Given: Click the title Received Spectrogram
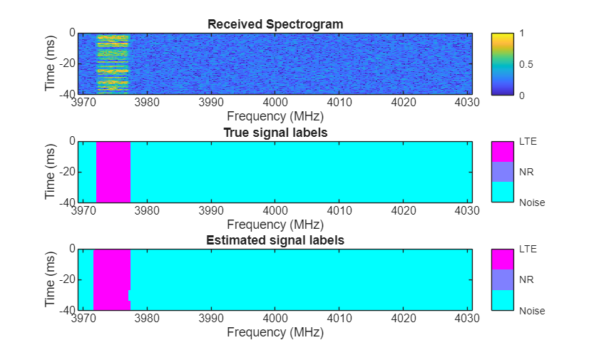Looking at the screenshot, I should pyautogui.click(x=275, y=24).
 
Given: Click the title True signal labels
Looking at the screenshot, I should pyautogui.click(x=275, y=133).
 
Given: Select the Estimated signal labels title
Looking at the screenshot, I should pyautogui.click(x=275, y=240).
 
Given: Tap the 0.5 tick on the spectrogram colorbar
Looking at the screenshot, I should pyautogui.click(x=527, y=64).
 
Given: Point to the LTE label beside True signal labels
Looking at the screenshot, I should pyautogui.click(x=528, y=141).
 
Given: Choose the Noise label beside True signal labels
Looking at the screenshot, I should pyautogui.click(x=532, y=202).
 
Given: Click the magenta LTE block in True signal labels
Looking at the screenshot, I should pyautogui.click(x=113, y=172).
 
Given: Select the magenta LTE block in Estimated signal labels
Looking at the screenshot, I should pyautogui.click(x=111, y=279).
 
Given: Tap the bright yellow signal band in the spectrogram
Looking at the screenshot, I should pyautogui.click(x=113, y=64).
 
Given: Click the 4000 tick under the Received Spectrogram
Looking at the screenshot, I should pyautogui.click(x=275, y=102).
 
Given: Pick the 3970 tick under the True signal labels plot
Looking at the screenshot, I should pyautogui.click(x=84, y=210).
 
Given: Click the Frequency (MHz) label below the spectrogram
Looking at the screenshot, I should pyautogui.click(x=275, y=115).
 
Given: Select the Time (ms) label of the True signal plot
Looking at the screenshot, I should pyautogui.click(x=51, y=172).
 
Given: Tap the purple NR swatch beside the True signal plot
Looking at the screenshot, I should pyautogui.click(x=503, y=172).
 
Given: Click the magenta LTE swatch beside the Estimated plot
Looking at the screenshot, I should pyautogui.click(x=503, y=259).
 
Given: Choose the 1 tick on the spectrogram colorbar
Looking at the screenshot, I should pyautogui.click(x=523, y=34).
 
